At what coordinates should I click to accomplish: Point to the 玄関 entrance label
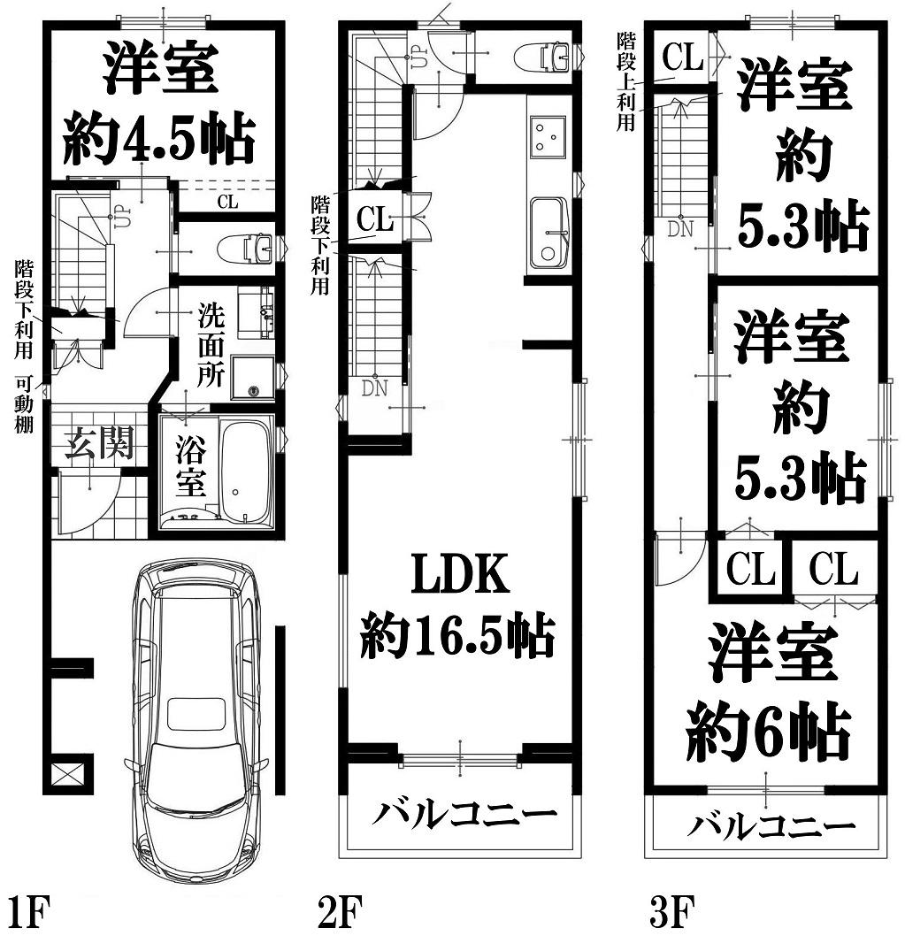(x=99, y=442)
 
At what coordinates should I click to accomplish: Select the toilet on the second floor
(x=541, y=58)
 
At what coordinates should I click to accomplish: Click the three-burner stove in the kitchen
(x=547, y=136)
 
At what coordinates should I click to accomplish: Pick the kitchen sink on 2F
(x=548, y=234)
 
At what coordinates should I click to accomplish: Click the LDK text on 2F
(x=460, y=574)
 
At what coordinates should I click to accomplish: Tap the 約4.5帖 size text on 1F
(x=159, y=138)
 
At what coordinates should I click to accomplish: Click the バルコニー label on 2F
(x=464, y=813)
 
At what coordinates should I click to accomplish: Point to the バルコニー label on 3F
(x=771, y=825)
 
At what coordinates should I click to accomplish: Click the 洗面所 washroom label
(x=211, y=345)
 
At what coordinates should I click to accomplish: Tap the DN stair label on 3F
(x=680, y=229)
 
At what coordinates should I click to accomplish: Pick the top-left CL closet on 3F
(x=682, y=57)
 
